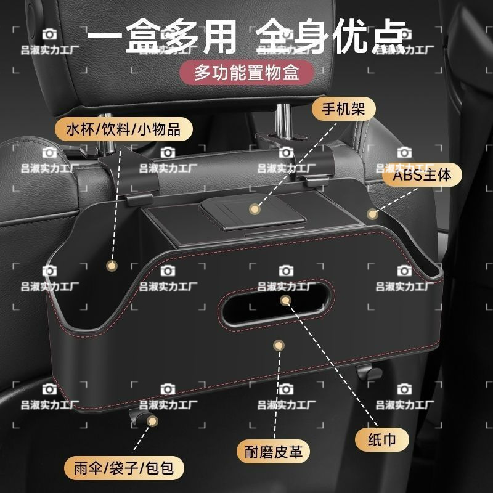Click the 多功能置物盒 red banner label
pos(246,73)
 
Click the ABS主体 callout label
pos(423,175)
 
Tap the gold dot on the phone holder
pos(254,209)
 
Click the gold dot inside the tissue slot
pos(285,300)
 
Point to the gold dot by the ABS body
pos(372,214)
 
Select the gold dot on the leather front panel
pos(279,346)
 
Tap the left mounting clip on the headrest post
pos(132,179)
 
